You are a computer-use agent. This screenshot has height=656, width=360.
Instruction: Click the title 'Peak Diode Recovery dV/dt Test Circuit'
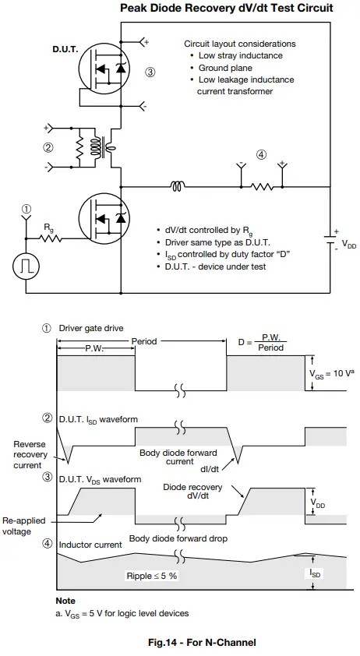pyautogui.click(x=226, y=9)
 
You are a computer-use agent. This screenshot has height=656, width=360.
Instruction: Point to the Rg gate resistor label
pyautogui.click(x=49, y=227)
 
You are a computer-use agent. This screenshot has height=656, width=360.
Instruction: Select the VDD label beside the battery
pyautogui.click(x=349, y=245)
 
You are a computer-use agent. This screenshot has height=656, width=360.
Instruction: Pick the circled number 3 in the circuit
pyautogui.click(x=150, y=72)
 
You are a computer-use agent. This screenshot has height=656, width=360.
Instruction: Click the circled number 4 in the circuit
pyautogui.click(x=261, y=154)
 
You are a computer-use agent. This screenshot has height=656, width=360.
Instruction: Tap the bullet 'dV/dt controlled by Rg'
pyautogui.click(x=204, y=231)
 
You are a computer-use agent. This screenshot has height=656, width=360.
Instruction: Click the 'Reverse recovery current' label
pyautogui.click(x=29, y=454)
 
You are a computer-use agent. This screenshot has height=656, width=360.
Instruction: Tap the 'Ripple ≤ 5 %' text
pyautogui.click(x=152, y=576)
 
